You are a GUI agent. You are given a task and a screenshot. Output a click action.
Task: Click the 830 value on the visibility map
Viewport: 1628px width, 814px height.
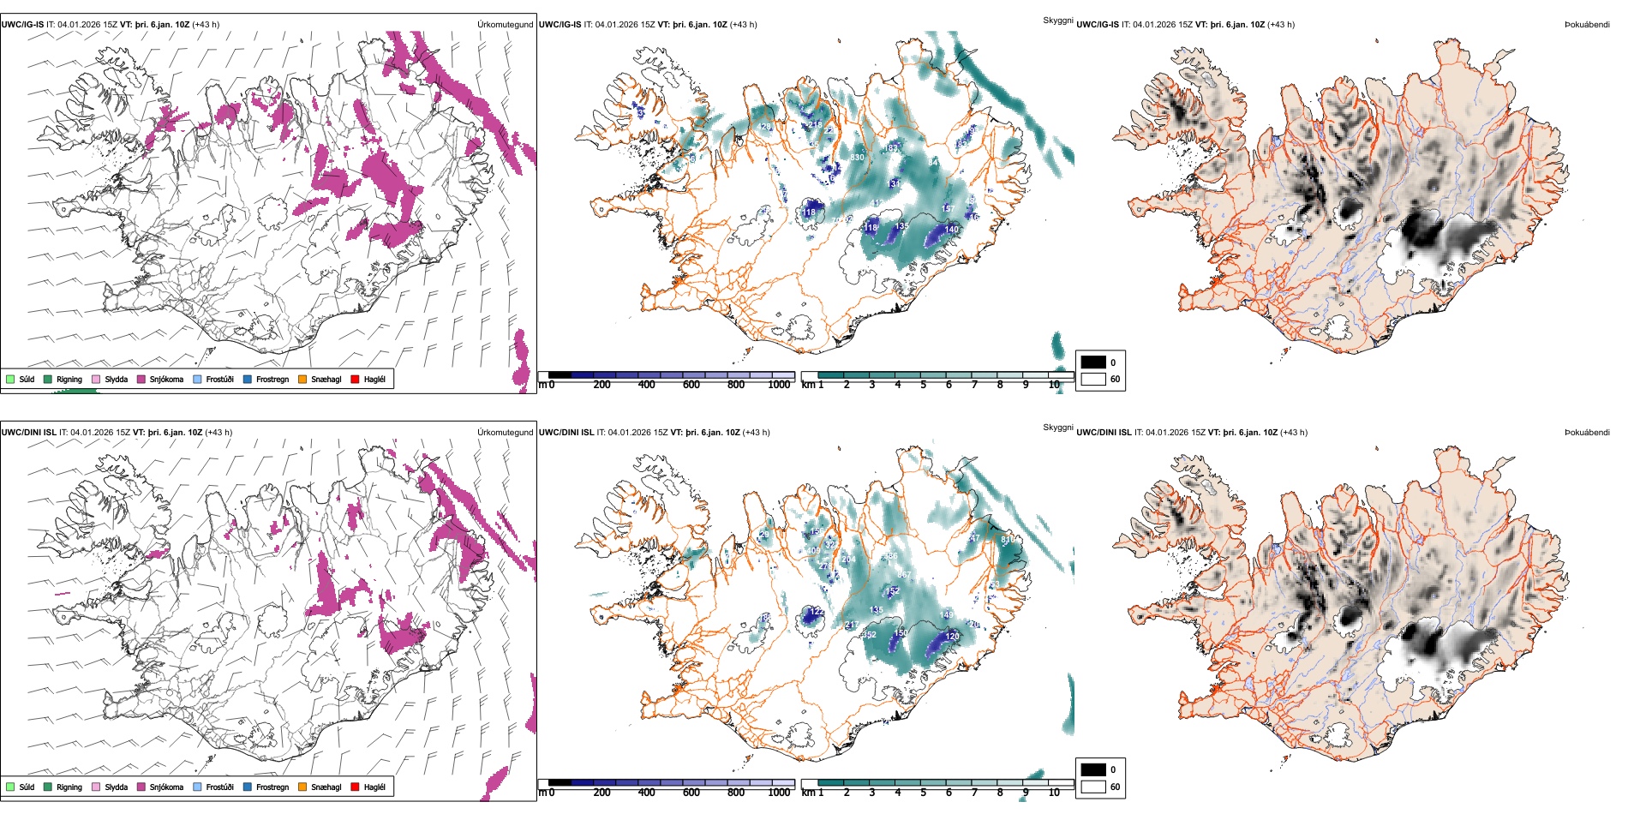(x=857, y=158)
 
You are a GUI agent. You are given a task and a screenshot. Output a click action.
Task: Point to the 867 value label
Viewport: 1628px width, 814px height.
(x=904, y=574)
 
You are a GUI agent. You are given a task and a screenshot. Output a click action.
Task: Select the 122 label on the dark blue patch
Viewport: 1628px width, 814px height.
(x=816, y=612)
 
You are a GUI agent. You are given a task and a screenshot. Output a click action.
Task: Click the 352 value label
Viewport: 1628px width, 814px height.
(x=869, y=635)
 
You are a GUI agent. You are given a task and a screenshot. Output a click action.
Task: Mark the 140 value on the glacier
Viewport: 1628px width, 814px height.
(x=951, y=230)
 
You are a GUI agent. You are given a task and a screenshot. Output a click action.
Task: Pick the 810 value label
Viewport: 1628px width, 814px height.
(x=1009, y=540)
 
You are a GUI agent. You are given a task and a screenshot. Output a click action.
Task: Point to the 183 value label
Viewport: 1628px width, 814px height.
(x=891, y=148)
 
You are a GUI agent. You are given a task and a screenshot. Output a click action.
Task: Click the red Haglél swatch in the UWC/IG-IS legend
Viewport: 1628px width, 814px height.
(x=355, y=379)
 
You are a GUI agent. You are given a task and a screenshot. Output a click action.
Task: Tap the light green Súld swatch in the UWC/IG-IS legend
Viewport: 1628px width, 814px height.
(x=10, y=379)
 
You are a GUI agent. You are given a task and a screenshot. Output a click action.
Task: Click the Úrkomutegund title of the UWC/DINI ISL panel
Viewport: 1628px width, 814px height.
(x=505, y=432)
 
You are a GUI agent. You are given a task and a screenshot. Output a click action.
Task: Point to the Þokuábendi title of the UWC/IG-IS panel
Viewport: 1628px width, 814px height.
(x=1587, y=24)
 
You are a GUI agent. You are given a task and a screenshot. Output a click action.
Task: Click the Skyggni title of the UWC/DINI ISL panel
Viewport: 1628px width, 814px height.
(x=1057, y=428)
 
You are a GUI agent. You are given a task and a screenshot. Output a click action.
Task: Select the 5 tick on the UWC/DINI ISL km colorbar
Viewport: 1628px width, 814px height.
(x=923, y=793)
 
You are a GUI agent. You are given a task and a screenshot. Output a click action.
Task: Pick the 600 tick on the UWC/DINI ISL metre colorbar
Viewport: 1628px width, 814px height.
(x=691, y=793)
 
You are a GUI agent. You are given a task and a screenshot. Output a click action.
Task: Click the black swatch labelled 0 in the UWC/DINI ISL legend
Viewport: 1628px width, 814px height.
(x=1092, y=769)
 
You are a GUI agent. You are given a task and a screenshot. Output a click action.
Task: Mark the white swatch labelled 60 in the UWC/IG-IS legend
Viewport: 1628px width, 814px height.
(x=1092, y=379)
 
